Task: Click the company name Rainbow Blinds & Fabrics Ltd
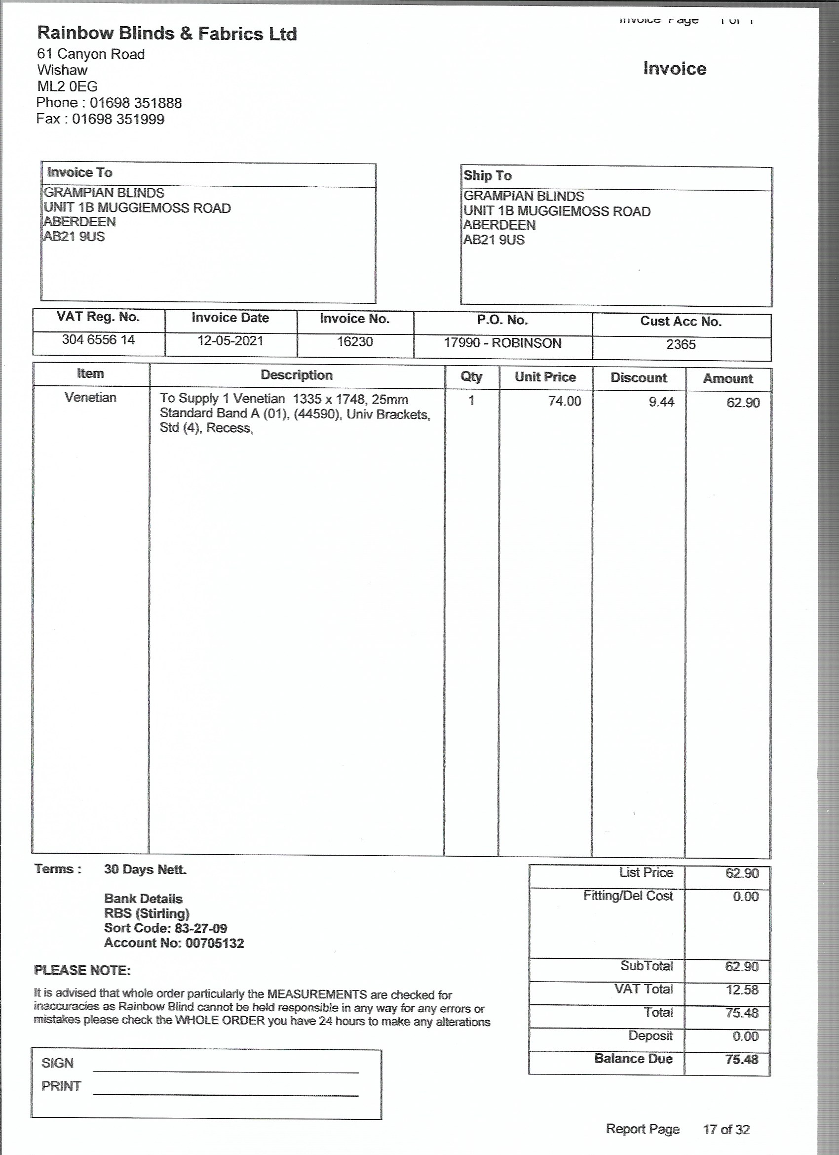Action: [x=167, y=34]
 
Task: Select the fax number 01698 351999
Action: [x=118, y=119]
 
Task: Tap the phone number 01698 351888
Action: [x=135, y=103]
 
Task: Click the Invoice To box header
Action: [x=79, y=172]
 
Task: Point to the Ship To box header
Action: [x=487, y=176]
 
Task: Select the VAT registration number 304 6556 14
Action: [x=98, y=340]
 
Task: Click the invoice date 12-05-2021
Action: [x=230, y=341]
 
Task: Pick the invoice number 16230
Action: [x=355, y=342]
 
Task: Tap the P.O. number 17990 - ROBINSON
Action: [x=502, y=343]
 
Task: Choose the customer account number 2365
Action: [x=681, y=345]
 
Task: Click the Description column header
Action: [x=296, y=375]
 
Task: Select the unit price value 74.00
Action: [x=564, y=401]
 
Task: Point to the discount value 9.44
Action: [x=661, y=402]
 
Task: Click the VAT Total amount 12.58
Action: [x=741, y=990]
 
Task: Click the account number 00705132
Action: [x=214, y=943]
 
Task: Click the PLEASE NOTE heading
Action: [x=82, y=971]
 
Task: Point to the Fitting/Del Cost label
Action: [x=628, y=896]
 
